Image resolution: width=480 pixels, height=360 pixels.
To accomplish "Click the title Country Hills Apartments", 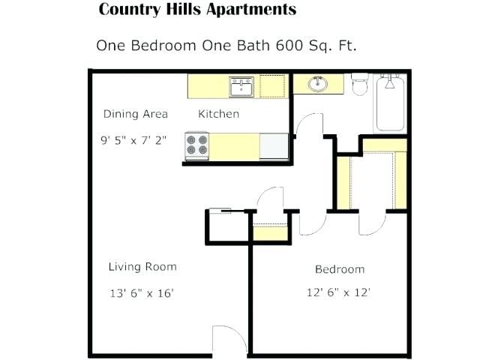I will pos(197,10).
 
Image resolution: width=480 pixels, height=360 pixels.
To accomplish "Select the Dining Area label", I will pos(135,114).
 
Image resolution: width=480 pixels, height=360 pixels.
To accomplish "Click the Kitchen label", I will pos(218,114).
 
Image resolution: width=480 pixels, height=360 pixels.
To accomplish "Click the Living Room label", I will pos(142,266).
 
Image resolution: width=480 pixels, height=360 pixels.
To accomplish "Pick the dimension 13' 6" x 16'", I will pos(142,293).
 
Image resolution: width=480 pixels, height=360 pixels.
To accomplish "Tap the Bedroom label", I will pos(339,269).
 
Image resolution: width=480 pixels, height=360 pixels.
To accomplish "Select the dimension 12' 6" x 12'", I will pos(339,292).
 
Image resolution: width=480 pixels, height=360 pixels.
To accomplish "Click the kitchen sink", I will pos(241,87).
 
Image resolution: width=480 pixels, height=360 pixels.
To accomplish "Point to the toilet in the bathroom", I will pos(360,85).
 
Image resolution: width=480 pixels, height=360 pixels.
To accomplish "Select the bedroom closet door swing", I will pos(373,222).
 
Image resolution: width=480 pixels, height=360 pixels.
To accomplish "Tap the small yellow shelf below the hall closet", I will pos(266,232).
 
